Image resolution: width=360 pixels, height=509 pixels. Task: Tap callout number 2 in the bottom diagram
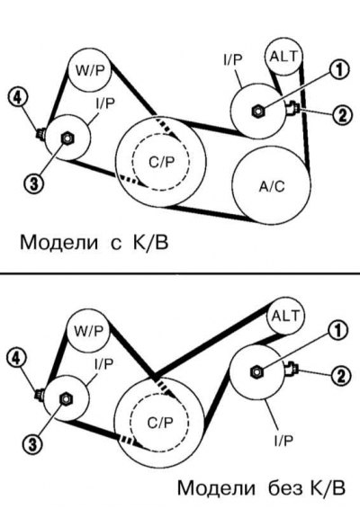point(339,376)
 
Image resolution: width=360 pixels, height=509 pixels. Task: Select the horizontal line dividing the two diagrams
point(180,272)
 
